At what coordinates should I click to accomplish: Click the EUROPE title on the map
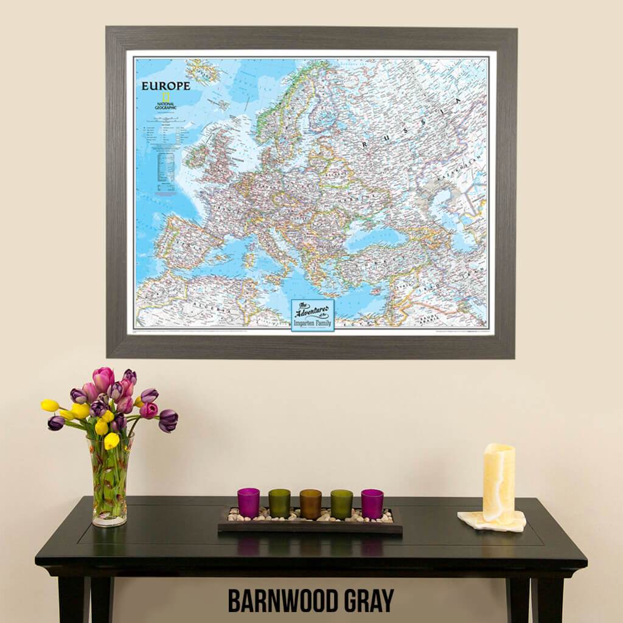(x=165, y=86)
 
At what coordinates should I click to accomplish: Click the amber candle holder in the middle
(x=310, y=504)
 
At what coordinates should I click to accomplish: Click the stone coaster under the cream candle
(x=492, y=521)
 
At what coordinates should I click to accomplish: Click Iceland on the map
(x=203, y=72)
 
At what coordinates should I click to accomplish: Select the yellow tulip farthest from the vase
(x=50, y=405)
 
